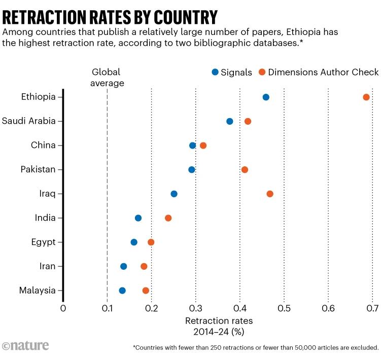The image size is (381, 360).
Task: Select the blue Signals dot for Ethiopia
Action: click(x=266, y=97)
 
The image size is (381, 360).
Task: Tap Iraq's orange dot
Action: click(x=270, y=194)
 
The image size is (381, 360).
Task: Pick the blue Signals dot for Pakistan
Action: click(x=192, y=169)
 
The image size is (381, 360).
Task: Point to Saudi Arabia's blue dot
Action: click(x=230, y=121)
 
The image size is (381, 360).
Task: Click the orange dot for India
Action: click(x=168, y=218)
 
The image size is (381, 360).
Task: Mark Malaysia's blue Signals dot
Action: click(x=122, y=291)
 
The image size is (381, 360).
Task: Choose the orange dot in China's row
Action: click(x=203, y=146)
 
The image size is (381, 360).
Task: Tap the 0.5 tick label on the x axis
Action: click(x=284, y=308)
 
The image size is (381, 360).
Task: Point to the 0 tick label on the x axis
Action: click(x=63, y=308)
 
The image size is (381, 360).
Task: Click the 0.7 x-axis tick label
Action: click(x=372, y=308)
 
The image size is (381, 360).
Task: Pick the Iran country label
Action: click(x=46, y=266)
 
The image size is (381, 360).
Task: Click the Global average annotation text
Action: click(x=107, y=78)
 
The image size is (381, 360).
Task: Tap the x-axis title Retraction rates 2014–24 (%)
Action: click(x=219, y=327)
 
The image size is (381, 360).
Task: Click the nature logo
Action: click(x=25, y=346)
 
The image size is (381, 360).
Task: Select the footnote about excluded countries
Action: click(x=256, y=348)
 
